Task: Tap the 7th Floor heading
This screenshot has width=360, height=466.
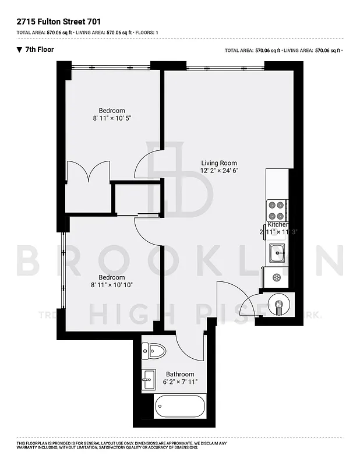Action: pos(40,50)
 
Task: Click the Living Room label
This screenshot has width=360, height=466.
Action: pos(219,163)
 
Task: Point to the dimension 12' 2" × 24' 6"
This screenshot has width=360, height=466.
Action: pos(220,171)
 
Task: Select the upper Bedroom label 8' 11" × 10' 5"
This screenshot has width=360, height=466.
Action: pos(112,118)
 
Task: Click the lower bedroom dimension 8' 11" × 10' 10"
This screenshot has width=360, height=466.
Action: pos(112,285)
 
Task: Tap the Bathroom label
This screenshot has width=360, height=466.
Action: pos(180,375)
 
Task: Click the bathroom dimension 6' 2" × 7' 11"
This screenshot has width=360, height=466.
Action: pos(180,382)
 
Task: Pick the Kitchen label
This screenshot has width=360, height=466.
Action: pos(278,225)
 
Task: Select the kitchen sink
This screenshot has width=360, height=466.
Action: pos(277,253)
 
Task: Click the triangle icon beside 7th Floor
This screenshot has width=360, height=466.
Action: pos(19,50)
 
